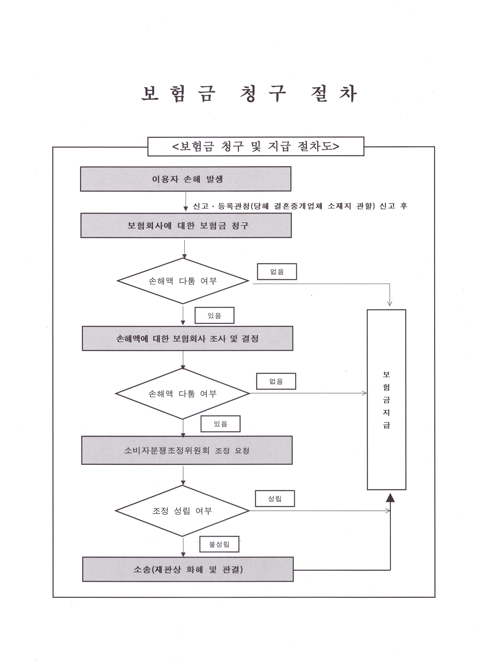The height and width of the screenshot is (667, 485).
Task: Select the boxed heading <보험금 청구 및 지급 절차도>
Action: click(x=256, y=146)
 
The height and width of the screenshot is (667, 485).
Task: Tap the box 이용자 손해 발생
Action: click(x=186, y=179)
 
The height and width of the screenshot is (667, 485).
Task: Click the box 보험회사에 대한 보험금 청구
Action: click(x=186, y=226)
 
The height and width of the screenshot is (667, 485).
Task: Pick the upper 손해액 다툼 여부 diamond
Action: click(x=183, y=281)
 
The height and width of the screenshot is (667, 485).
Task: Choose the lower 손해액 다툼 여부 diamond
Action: click(x=183, y=394)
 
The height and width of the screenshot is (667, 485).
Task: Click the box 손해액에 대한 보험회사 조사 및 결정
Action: click(x=187, y=338)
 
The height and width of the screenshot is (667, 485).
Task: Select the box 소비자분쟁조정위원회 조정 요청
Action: click(x=187, y=450)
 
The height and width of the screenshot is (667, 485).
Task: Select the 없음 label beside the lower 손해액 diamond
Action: click(x=276, y=381)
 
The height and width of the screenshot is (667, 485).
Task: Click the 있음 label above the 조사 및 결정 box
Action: click(x=214, y=316)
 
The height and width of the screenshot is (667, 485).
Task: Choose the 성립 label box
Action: click(x=275, y=498)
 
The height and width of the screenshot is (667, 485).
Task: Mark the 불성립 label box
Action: click(x=219, y=544)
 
